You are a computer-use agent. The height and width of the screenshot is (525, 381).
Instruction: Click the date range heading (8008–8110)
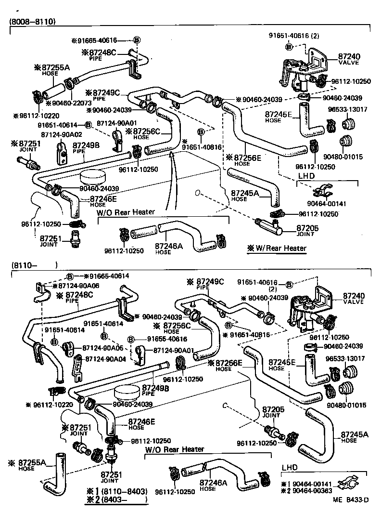coord(32,22)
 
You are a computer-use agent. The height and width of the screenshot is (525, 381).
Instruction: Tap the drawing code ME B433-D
coord(350,513)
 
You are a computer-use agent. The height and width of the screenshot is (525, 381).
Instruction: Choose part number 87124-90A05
coord(103,347)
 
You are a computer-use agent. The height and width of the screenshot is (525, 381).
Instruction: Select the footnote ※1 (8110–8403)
coord(117,491)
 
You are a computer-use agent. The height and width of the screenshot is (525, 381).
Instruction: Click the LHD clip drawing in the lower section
coord(349,484)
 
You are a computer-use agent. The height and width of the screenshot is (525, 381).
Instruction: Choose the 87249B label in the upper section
coord(86,145)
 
